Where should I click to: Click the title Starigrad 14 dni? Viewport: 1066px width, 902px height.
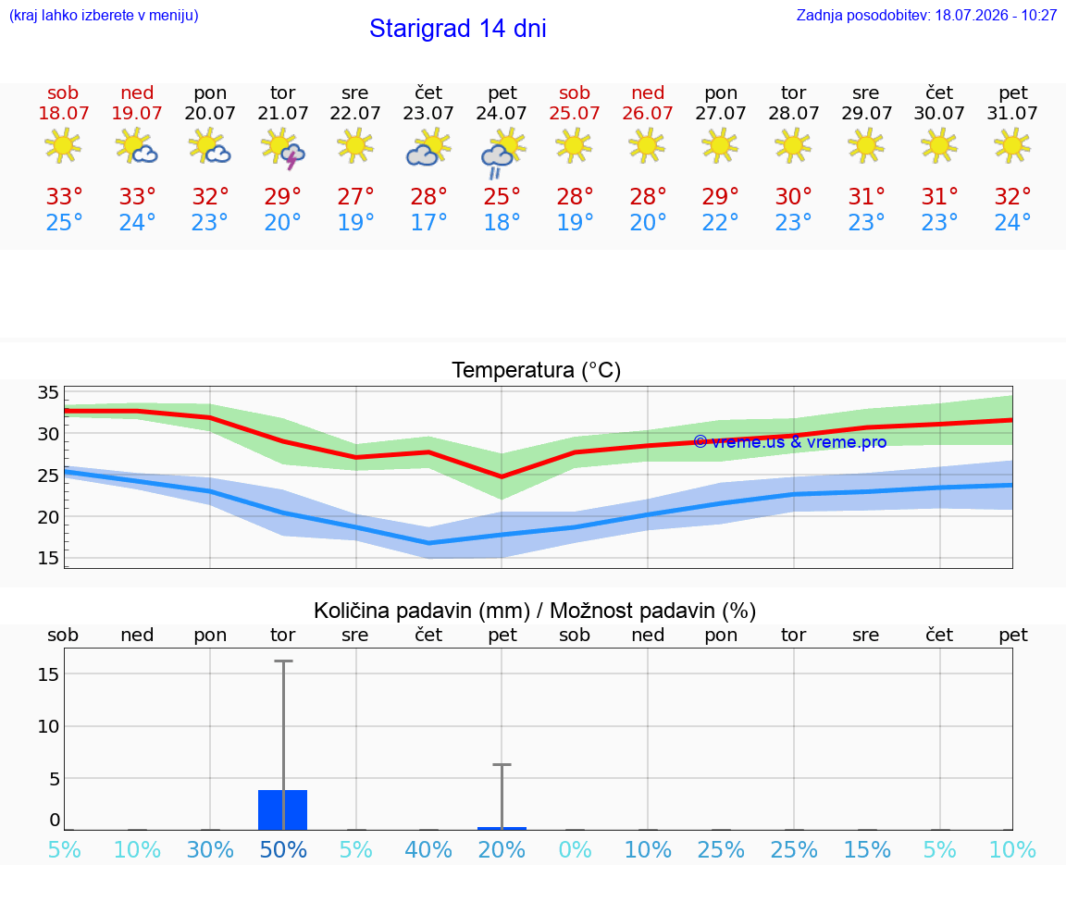(x=457, y=29)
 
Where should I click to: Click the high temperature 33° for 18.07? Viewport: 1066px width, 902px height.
(x=64, y=196)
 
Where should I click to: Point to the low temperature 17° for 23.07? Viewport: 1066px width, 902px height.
(x=428, y=222)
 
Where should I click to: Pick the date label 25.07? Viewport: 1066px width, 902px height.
(x=575, y=113)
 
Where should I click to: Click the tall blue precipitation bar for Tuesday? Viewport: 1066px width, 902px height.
(x=283, y=809)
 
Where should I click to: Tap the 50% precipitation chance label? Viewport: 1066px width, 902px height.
(x=283, y=849)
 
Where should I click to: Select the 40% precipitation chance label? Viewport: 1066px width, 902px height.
(x=428, y=849)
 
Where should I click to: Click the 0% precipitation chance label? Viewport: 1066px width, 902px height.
(x=576, y=849)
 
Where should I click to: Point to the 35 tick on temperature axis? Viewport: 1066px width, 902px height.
(x=48, y=392)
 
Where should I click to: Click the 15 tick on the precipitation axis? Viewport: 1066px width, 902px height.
(x=48, y=674)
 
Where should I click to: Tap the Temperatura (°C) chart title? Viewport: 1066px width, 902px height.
(x=537, y=370)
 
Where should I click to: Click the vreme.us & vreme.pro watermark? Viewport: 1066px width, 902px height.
(x=790, y=442)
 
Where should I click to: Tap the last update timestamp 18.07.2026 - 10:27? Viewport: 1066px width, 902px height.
(x=996, y=15)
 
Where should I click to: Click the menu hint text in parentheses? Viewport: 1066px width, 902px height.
(x=104, y=15)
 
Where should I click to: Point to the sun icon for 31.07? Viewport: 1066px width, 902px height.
(x=1012, y=146)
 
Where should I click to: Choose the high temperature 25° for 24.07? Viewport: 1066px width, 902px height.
(x=502, y=196)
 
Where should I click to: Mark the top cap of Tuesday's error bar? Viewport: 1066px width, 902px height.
(x=283, y=661)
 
